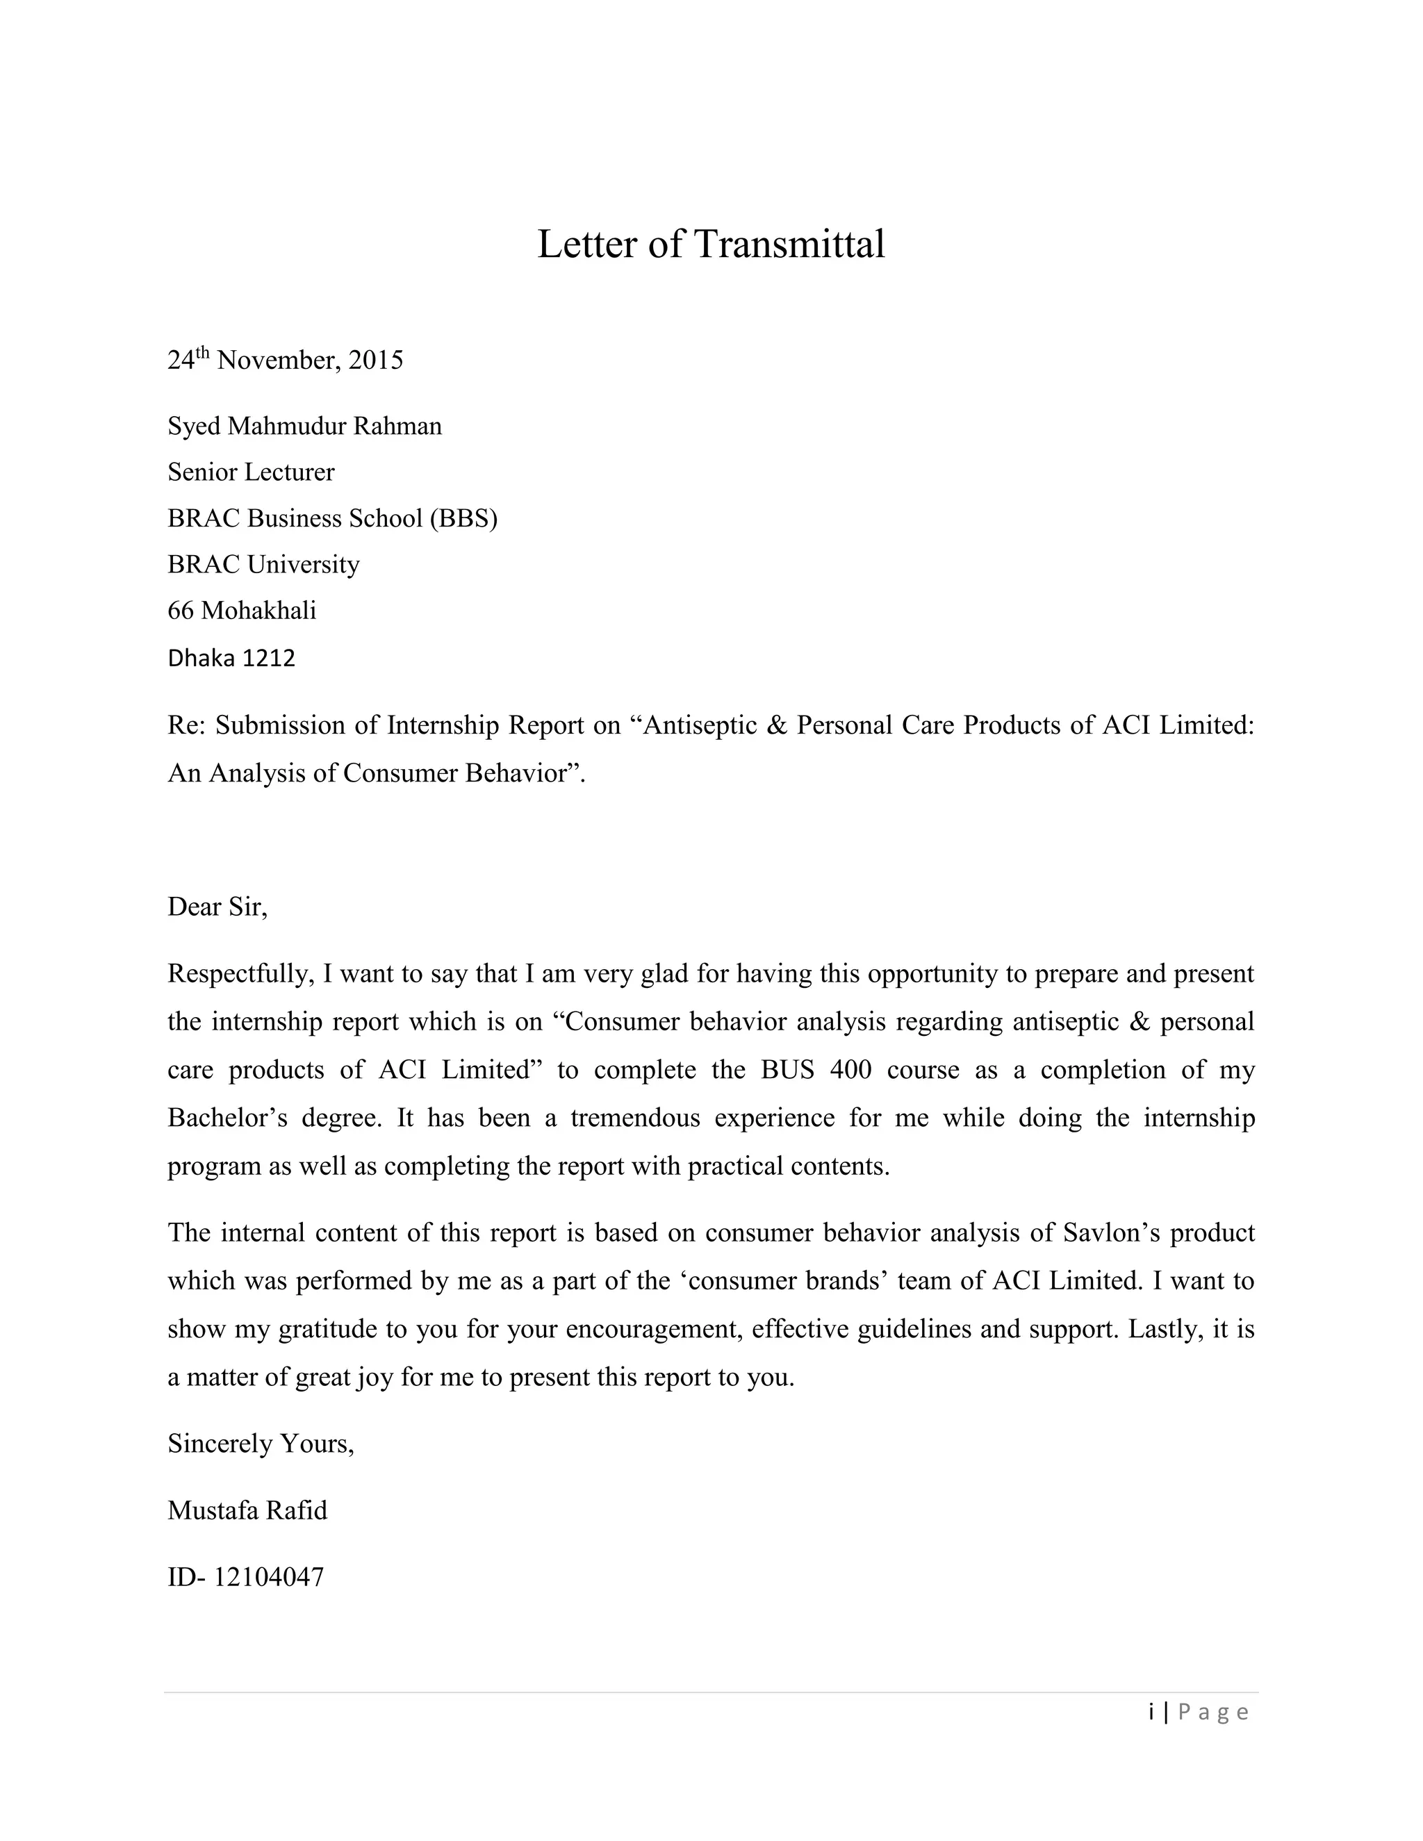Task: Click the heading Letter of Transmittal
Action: pos(711,245)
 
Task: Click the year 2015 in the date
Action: pos(376,361)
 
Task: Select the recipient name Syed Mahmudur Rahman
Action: pos(304,427)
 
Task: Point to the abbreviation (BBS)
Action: pos(463,518)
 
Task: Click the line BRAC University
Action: pos(263,564)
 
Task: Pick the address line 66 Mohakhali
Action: pos(242,610)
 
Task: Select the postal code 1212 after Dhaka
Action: pos(269,659)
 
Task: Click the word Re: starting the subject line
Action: pos(186,726)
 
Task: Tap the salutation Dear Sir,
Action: pos(217,907)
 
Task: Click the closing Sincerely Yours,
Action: pos(261,1444)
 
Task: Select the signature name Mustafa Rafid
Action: pos(247,1510)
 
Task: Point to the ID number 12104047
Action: pos(268,1577)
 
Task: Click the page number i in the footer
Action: pos(1151,1712)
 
